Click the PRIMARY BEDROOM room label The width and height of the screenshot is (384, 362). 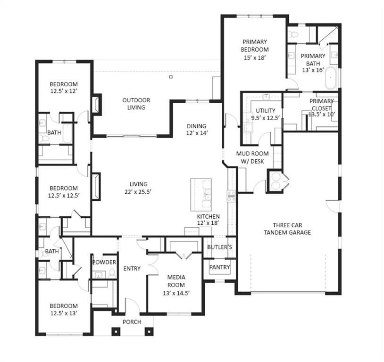(255, 45)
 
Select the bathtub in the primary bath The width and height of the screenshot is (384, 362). (332, 78)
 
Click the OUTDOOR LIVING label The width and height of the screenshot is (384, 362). (136, 104)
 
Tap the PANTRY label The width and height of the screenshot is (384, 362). (220, 267)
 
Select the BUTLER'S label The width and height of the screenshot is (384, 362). (220, 247)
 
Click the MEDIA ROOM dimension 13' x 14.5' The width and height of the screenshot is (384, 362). (175, 293)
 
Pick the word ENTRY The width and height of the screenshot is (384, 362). (132, 269)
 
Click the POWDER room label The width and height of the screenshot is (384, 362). (104, 262)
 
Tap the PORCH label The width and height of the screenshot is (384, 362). (132, 322)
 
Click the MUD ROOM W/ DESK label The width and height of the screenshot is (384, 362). (252, 157)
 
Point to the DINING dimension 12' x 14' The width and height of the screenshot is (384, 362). (196, 133)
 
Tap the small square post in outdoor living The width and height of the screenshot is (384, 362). (171, 76)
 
